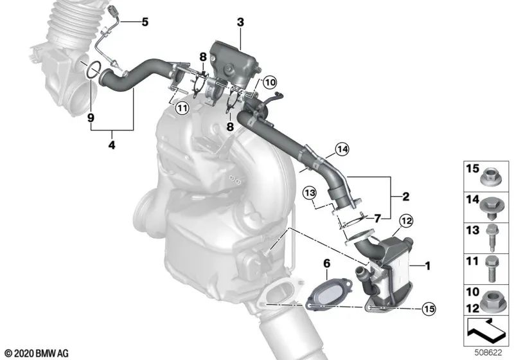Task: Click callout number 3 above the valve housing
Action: [240, 22]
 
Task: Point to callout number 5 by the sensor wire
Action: [145, 22]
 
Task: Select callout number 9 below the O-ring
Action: [91, 118]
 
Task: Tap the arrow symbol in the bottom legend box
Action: [486, 330]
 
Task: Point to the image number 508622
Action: [493, 352]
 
